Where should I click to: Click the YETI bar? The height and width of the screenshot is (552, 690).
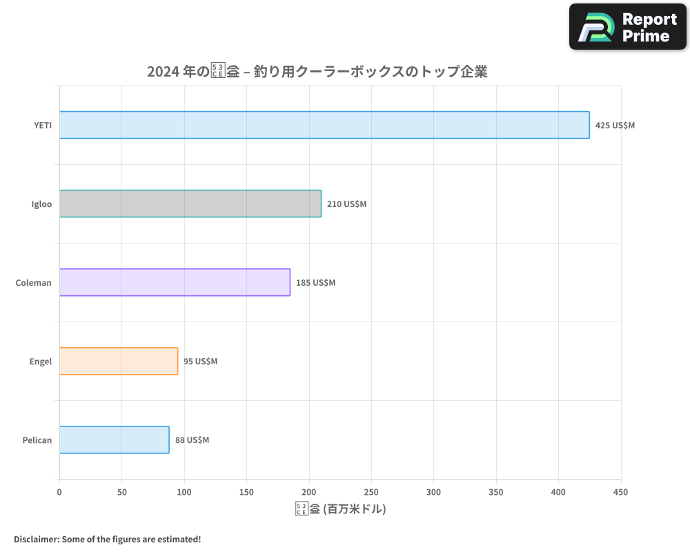point(324,125)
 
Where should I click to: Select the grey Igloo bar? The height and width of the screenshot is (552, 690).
point(190,204)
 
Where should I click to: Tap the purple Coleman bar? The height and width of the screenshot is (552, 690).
point(175,282)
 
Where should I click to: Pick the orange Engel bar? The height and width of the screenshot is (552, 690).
point(119,361)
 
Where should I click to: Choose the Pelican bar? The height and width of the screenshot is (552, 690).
point(115,440)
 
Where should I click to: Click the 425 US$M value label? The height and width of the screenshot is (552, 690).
point(615,126)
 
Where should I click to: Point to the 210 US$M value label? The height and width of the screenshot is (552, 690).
point(346,204)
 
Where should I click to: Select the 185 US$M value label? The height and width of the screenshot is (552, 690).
point(315,283)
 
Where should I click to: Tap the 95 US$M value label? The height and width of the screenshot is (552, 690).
point(200,362)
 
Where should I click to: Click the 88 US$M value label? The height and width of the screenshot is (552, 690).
point(192,440)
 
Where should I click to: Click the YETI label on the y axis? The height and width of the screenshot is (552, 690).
point(43,126)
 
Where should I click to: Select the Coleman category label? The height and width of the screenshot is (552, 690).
point(34,283)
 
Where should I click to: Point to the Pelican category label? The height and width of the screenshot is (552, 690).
point(37,440)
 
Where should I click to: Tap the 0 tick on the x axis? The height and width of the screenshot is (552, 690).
point(59,492)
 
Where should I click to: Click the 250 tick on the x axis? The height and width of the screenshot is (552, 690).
point(371,492)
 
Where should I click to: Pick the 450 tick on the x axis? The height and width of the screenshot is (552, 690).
point(621,492)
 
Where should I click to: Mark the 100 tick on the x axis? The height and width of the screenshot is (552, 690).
point(184,492)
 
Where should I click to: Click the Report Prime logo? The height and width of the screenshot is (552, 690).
point(628,27)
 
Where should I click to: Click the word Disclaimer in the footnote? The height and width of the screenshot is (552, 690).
point(36,539)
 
